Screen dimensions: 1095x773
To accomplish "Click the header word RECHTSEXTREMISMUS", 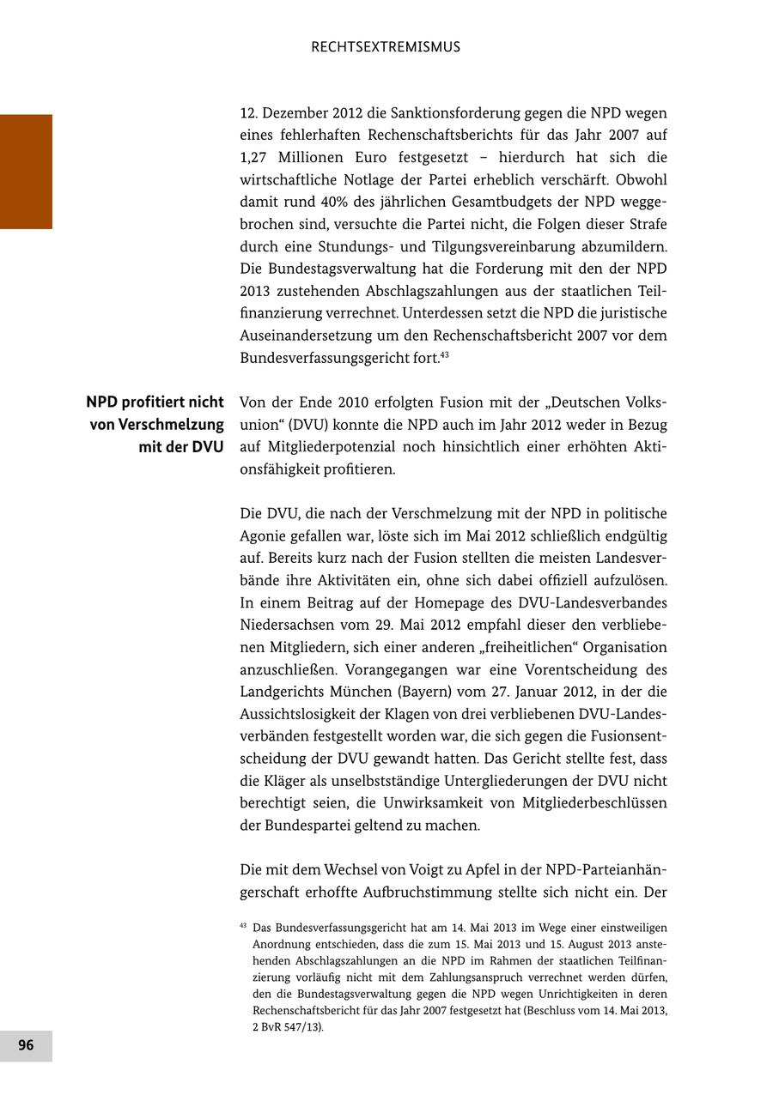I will pos(386,47).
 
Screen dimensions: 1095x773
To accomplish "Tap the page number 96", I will pos(26,1045).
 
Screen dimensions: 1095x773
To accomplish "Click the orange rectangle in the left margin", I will pos(26,172).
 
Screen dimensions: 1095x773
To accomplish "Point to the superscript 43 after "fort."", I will pos(445,354).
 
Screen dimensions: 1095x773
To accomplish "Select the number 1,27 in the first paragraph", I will pos(256,158).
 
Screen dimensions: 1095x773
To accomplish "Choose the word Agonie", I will pos(264,535).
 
